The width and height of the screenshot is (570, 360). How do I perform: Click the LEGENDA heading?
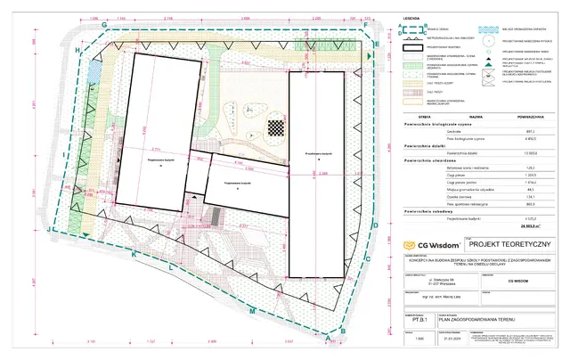pyautogui.click(x=411, y=17)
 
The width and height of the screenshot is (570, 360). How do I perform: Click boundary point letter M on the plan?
pyautogui.click(x=252, y=310)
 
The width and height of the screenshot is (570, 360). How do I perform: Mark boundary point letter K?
pyautogui.click(x=134, y=255)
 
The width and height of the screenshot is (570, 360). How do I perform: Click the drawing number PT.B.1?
pyautogui.click(x=432, y=315)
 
